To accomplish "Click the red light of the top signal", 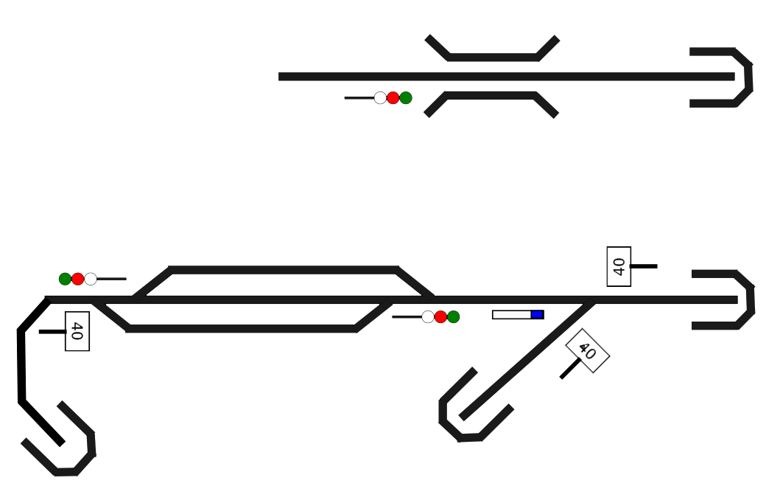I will (x=393, y=97).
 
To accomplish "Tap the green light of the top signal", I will (x=406, y=97).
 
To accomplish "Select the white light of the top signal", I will (x=380, y=97).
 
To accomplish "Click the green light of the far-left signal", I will (x=65, y=279).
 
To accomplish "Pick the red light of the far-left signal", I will (x=77, y=279).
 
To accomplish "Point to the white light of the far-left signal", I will (x=91, y=279).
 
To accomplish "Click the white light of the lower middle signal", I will (x=428, y=316).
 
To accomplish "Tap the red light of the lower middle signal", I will (x=440, y=316).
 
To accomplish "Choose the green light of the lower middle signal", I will (x=453, y=316).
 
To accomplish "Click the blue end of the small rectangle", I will (x=537, y=314).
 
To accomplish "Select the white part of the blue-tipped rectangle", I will (x=511, y=314).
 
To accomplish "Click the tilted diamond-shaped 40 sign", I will (x=587, y=351).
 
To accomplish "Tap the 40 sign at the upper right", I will (x=619, y=266).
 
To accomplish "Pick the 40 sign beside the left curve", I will (x=77, y=331).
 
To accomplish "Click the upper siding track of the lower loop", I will (x=284, y=270).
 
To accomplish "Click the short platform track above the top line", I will (x=493, y=57).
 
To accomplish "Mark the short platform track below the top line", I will (x=491, y=95).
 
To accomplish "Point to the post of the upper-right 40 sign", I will (x=644, y=266).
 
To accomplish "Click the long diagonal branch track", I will (x=527, y=359).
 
